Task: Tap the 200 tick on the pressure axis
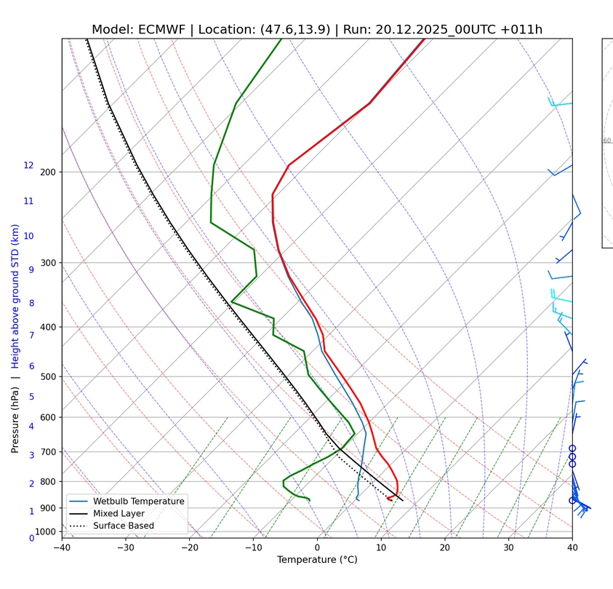tap(48, 172)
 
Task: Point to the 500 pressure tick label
tap(48, 376)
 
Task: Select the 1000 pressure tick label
tap(46, 532)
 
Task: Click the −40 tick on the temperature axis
tap(62, 547)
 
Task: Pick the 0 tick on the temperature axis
tap(318, 547)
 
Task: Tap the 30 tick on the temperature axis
tap(509, 547)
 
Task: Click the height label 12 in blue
tap(28, 165)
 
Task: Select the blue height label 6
tap(31, 366)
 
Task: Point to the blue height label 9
tap(31, 269)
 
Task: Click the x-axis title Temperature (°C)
tap(317, 560)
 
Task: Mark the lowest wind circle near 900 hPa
tap(572, 500)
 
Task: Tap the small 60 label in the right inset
tap(606, 141)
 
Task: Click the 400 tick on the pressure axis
tap(48, 327)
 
